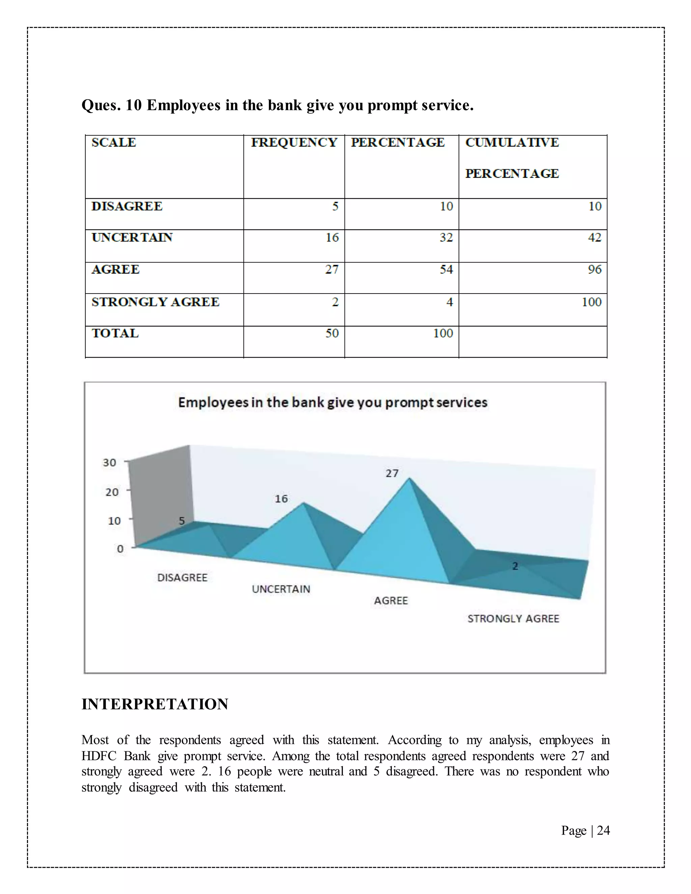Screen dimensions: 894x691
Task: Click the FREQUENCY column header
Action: pos(294,142)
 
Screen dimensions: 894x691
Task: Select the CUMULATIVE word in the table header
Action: pos(512,142)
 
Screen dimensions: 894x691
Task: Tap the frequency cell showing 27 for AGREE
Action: pos(332,269)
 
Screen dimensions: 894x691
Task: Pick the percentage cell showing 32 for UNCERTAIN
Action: pos(446,238)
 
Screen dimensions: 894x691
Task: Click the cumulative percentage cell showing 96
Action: pos(595,269)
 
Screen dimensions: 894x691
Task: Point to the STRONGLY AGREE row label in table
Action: pos(155,302)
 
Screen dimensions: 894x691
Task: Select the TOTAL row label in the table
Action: pos(115,333)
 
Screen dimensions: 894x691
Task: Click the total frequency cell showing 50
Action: pos(332,333)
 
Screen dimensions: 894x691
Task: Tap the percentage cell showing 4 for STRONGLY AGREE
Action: pos(449,302)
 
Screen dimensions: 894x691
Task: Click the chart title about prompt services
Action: pos(332,402)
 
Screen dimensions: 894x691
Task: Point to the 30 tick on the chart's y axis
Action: pos(109,463)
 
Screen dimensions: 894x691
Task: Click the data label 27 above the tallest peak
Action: pos(392,474)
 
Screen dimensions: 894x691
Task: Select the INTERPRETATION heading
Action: pos(155,704)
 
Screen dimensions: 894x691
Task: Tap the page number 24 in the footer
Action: pos(603,830)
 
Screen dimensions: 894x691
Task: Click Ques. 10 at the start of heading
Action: pos(111,106)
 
